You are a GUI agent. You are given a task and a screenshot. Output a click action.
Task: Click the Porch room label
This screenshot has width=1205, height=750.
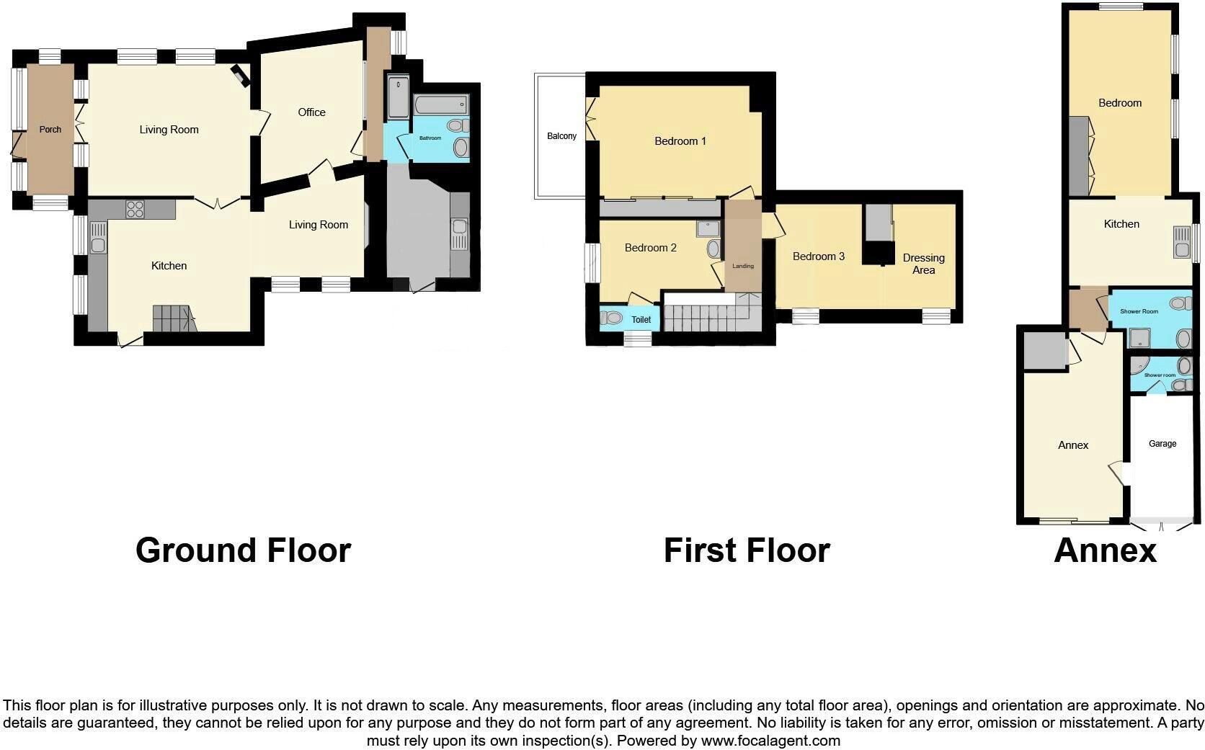click(50, 130)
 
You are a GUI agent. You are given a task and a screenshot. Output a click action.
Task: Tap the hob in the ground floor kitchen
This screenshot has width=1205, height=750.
click(135, 209)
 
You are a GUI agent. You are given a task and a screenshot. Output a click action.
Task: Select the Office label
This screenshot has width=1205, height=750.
click(311, 112)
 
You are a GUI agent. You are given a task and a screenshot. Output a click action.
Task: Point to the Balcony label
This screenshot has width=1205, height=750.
click(561, 136)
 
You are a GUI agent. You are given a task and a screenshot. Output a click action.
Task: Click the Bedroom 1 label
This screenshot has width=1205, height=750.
click(680, 141)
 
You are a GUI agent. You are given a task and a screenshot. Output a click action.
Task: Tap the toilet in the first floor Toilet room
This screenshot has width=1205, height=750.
click(613, 318)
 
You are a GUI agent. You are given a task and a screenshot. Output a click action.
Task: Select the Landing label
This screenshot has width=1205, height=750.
click(743, 266)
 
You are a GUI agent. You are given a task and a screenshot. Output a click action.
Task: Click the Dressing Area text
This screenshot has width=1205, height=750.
click(923, 264)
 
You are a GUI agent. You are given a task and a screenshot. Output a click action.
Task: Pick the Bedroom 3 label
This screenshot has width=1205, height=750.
click(818, 256)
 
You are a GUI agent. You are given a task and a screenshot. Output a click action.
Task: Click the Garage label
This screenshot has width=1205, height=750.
click(1162, 444)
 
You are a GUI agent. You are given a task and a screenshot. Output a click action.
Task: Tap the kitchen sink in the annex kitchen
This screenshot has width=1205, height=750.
click(1181, 243)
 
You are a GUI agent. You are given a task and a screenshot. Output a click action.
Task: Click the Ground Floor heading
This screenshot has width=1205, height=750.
click(243, 550)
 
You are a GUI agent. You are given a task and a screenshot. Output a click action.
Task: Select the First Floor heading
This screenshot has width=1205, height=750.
click(747, 550)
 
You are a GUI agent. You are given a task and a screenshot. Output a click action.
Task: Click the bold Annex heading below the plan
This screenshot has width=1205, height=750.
click(1105, 550)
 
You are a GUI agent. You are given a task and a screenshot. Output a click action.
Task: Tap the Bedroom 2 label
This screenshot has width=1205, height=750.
click(650, 248)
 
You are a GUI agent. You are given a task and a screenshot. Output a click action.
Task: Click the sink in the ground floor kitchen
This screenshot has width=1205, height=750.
click(98, 238)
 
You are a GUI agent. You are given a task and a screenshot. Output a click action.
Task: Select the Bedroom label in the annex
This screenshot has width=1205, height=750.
click(1119, 103)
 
